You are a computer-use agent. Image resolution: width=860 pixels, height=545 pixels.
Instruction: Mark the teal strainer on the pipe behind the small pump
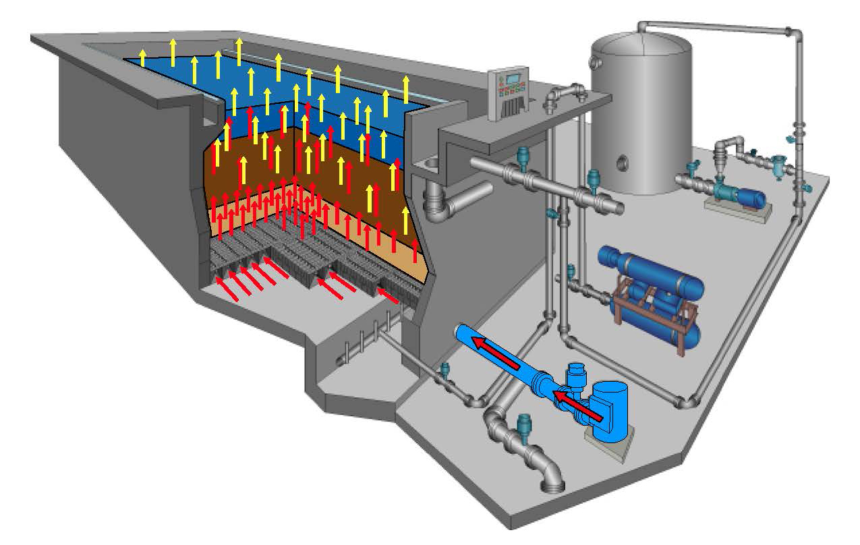(x=781, y=163)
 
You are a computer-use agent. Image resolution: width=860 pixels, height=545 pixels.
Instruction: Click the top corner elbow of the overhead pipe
(x=789, y=32)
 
